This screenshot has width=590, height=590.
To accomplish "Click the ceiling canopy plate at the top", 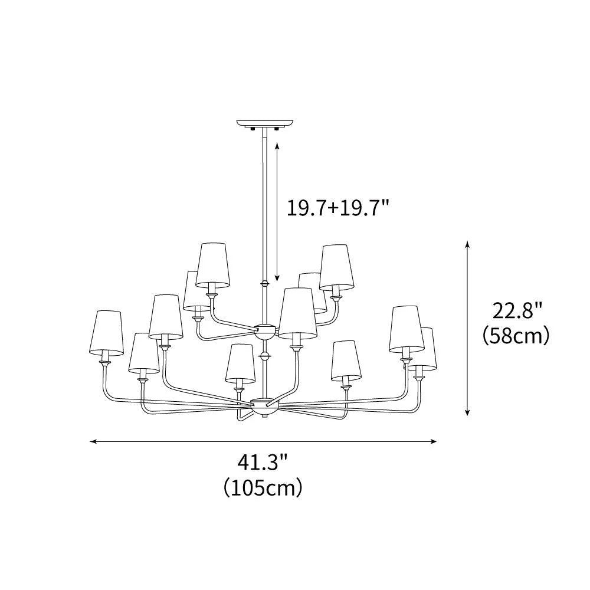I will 264,123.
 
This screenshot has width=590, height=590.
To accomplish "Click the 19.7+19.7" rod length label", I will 338,208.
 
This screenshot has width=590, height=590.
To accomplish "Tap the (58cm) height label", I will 516,336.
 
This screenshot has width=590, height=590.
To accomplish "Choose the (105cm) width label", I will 263,488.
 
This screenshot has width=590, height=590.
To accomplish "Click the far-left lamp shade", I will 107,333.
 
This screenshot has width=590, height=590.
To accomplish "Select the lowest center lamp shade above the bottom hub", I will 240,362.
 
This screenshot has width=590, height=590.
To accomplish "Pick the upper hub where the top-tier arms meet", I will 264,330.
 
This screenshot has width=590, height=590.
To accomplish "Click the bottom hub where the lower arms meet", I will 264,405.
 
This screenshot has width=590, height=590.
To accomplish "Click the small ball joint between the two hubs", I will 264,356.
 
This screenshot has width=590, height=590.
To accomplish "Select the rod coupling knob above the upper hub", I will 264,284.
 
